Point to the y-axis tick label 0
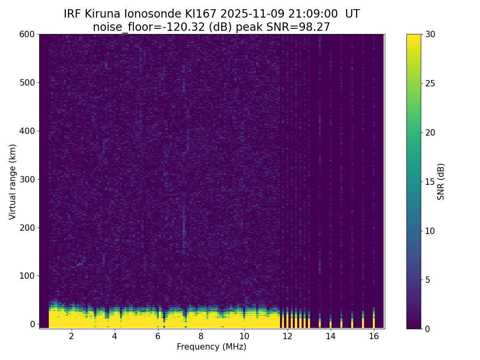click(33, 324)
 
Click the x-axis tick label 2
click(72, 336)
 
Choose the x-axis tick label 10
click(244, 336)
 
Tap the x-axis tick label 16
click(374, 336)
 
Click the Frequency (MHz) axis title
click(212, 347)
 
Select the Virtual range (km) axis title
click(13, 182)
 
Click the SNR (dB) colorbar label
click(441, 182)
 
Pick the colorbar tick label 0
click(428, 328)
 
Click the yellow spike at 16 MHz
click(374, 322)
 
